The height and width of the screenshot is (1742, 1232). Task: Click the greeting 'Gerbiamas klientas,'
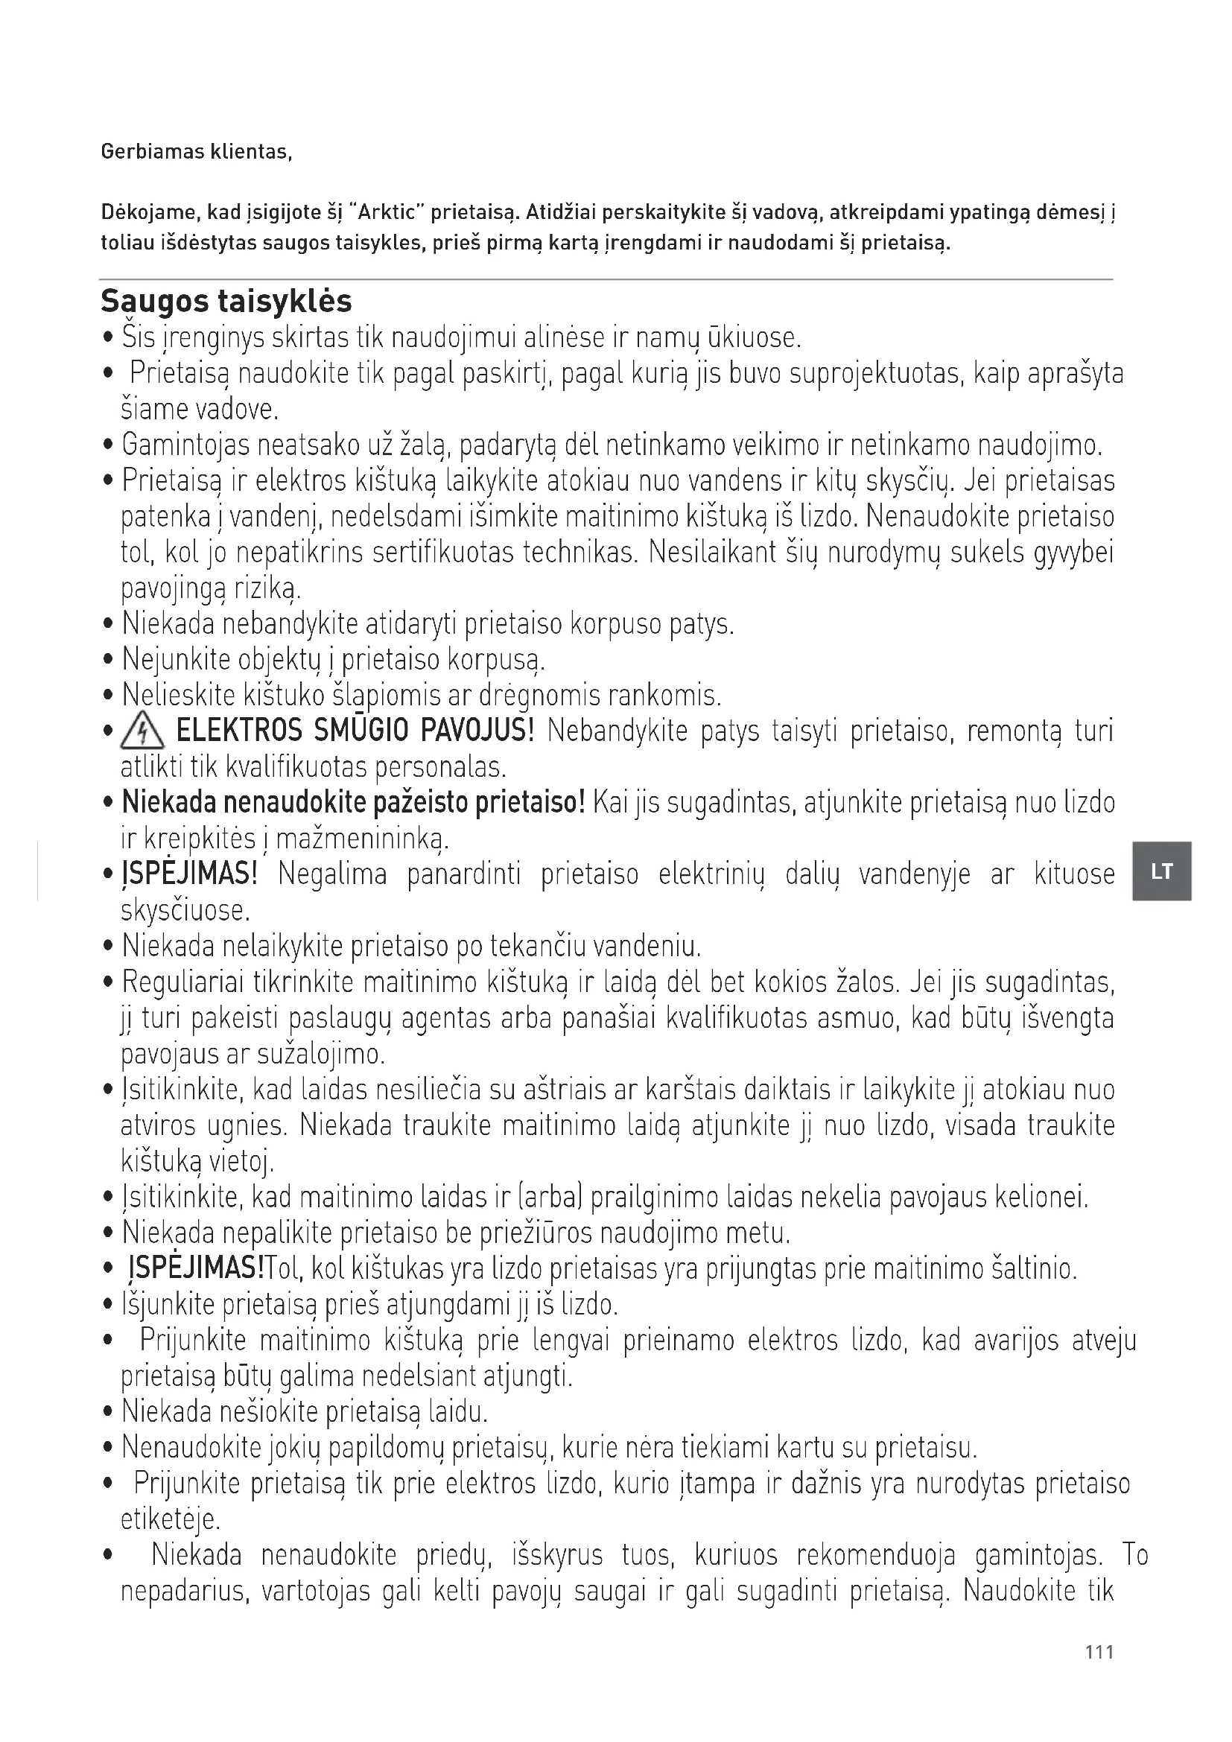coord(196,152)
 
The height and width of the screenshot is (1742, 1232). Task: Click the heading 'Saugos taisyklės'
coord(226,301)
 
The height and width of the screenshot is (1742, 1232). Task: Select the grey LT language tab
coord(1161,871)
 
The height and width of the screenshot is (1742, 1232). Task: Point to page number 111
coord(1099,1653)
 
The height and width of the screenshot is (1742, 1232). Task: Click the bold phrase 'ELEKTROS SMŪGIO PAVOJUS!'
coord(355,731)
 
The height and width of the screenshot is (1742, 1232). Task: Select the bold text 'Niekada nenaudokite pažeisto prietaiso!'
coord(354,802)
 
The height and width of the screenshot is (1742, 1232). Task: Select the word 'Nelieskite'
coord(178,695)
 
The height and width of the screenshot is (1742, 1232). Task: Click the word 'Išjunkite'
coord(168,1305)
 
